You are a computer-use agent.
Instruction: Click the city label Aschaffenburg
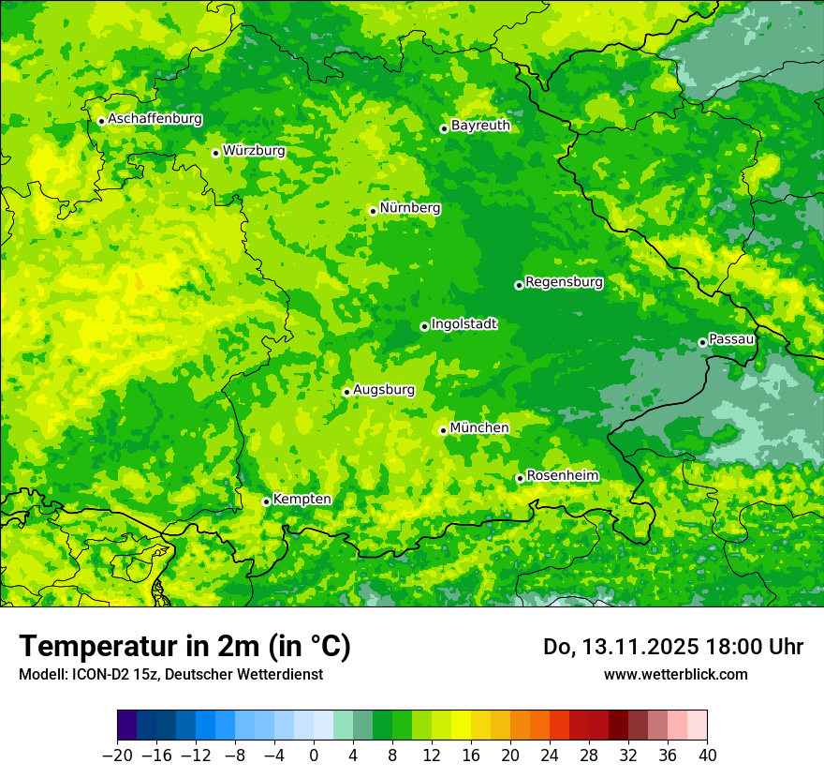(154, 119)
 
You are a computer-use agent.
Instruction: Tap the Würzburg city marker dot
(215, 153)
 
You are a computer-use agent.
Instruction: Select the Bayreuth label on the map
(480, 125)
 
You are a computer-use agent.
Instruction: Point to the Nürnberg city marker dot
(373, 211)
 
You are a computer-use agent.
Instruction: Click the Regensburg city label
(564, 281)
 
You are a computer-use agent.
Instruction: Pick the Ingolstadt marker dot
(424, 326)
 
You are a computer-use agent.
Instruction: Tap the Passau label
(731, 338)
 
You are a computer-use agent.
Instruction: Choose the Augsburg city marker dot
(346, 392)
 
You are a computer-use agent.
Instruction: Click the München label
(479, 427)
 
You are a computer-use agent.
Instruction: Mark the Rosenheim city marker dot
(520, 478)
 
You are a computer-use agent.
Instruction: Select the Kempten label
(302, 499)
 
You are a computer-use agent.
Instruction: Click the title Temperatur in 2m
(184, 646)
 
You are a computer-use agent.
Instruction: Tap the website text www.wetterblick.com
(675, 674)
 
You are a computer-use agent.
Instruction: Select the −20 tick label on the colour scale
(117, 756)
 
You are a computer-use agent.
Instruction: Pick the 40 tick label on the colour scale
(707, 756)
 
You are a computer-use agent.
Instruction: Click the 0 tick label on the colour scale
(314, 756)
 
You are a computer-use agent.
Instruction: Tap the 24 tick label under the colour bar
(550, 756)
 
